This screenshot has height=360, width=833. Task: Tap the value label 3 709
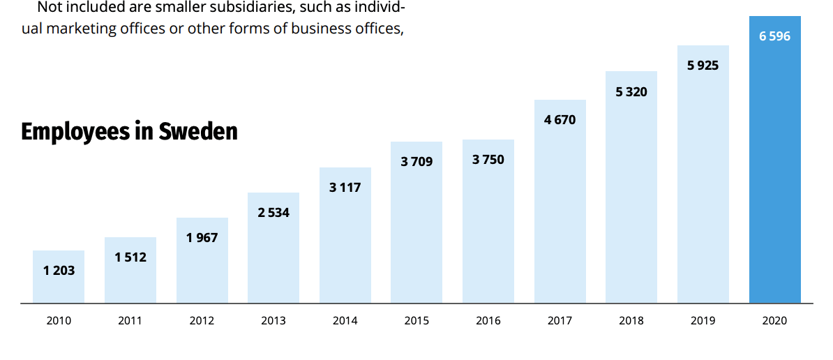pos(416,162)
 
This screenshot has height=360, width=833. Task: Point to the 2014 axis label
pos(345,321)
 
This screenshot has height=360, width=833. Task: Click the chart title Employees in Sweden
pos(129,131)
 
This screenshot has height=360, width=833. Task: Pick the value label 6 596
pos(774,36)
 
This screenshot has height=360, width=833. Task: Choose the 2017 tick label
pos(560,321)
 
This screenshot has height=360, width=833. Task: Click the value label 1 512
pos(130,257)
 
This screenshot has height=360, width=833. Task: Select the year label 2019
pos(703,321)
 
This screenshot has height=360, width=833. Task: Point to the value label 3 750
pos(488,160)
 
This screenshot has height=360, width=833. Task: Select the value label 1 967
pos(202,238)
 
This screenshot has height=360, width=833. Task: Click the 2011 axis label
pos(130,321)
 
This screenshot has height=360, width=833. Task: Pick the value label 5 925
pos(703,66)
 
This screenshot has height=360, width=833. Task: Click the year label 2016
pos(488,321)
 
